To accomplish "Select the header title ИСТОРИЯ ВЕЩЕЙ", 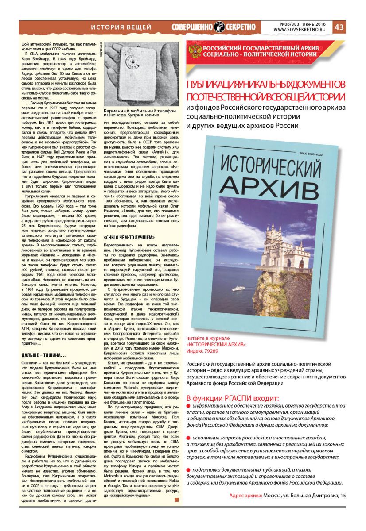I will (121, 27).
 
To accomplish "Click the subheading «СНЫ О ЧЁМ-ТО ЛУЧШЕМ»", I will (126, 237).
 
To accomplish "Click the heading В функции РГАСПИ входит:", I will (233, 397).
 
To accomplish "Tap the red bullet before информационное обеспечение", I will (188, 405).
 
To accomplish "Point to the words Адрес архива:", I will (245, 495).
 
